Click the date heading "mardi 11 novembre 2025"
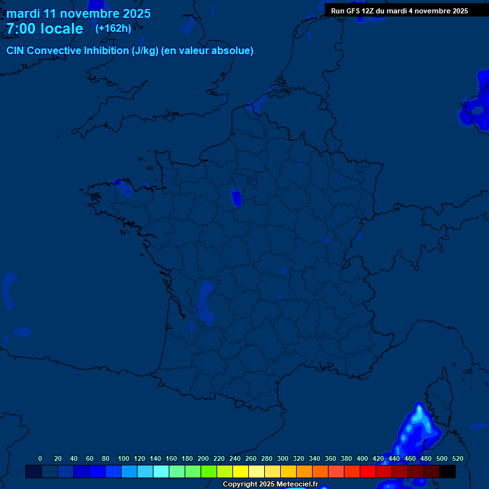(x=78, y=13)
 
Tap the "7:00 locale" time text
(x=45, y=29)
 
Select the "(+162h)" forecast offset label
(x=113, y=28)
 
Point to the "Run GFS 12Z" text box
(x=399, y=11)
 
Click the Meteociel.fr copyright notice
(x=270, y=485)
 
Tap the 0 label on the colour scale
(x=40, y=458)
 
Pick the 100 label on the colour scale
(x=124, y=458)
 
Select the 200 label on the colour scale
(x=203, y=458)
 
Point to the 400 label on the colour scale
(x=362, y=458)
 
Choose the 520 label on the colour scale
(x=457, y=458)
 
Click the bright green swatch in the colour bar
(x=209, y=472)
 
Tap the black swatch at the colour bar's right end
(x=448, y=472)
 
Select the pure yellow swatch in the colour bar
(x=241, y=472)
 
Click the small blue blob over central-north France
(x=237, y=199)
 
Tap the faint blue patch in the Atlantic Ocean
(x=9, y=287)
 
